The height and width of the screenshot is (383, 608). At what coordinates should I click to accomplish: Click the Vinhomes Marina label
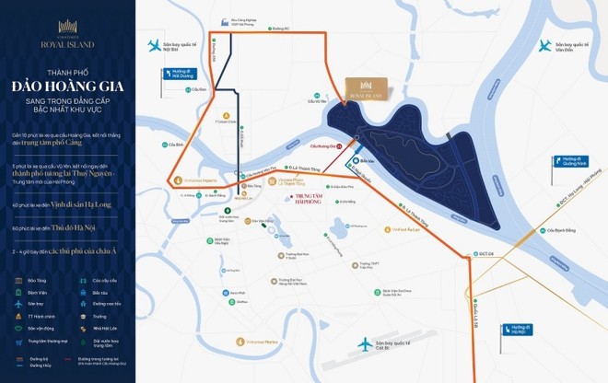pos(268,340)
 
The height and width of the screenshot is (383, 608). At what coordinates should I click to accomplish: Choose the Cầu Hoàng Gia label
pos(325,145)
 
